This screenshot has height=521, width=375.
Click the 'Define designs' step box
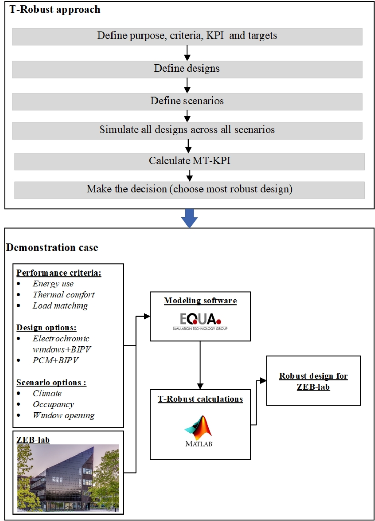187,69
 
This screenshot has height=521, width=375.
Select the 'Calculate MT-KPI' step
189,161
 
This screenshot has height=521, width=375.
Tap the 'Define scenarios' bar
187,101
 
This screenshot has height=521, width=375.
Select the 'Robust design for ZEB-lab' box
313,381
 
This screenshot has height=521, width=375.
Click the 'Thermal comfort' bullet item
63,295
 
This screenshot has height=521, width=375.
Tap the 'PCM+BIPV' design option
55,360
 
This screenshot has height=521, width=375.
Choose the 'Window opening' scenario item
63,415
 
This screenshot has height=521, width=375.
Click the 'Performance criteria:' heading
59,273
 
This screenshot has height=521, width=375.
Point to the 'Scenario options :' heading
51,383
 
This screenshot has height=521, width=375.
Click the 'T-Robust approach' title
55,10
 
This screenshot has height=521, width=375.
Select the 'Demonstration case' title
52,248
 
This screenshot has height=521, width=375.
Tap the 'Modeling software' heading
200,301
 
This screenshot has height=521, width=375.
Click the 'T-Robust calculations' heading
200,399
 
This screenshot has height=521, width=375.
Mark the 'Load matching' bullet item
60,306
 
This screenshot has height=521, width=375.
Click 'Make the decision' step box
189,189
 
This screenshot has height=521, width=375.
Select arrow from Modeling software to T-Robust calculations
200,365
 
